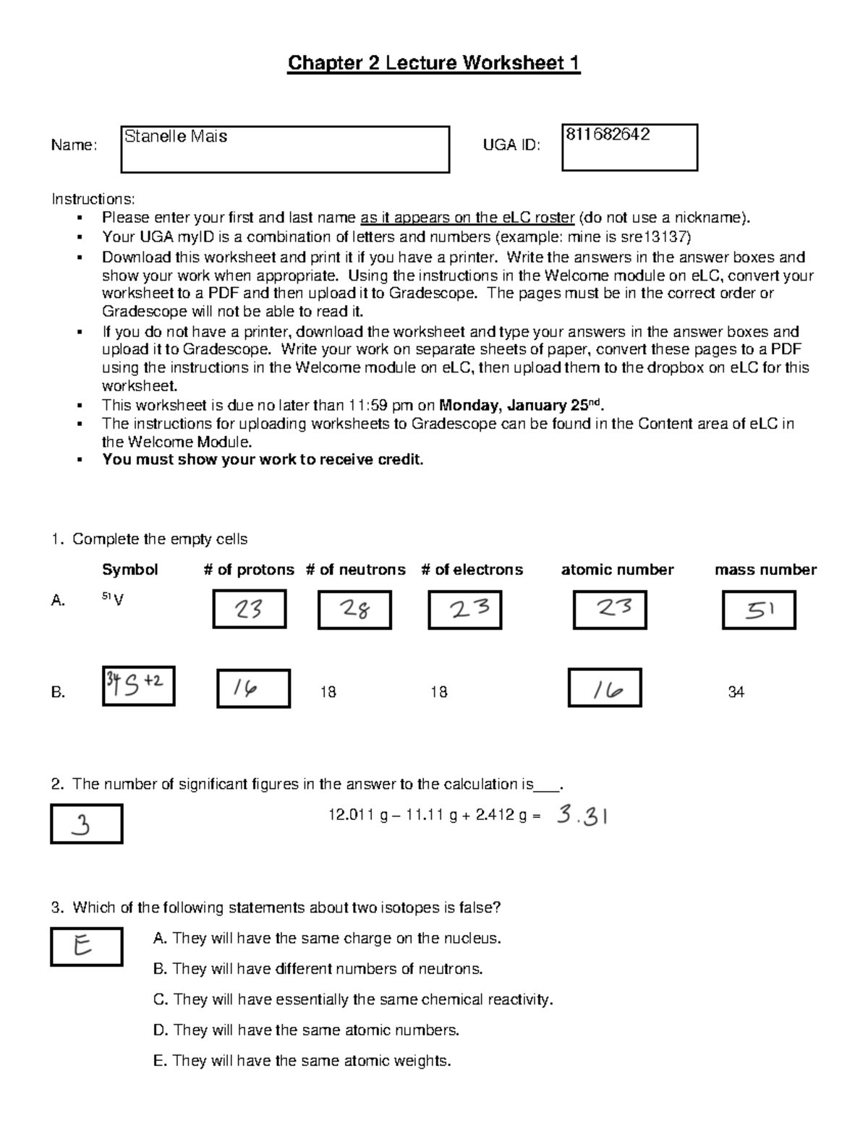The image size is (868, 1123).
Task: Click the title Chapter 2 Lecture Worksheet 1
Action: click(x=434, y=64)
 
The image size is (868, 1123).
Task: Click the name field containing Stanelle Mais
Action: click(x=284, y=149)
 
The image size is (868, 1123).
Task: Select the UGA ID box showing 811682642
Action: click(x=629, y=147)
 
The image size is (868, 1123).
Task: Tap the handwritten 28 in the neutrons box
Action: click(x=354, y=610)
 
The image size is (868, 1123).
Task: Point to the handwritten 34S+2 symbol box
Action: click(x=138, y=685)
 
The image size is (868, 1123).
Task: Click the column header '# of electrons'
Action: click(x=472, y=570)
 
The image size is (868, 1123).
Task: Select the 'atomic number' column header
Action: click(x=617, y=570)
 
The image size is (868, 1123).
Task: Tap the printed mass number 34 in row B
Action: click(x=736, y=693)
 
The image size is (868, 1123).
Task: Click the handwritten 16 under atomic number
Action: click(x=605, y=688)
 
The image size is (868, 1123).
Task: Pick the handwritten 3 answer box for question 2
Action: click(x=86, y=824)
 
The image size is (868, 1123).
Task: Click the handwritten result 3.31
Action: click(x=582, y=816)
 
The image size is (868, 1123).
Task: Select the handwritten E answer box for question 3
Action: click(x=86, y=946)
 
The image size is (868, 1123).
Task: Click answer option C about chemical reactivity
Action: click(x=353, y=1000)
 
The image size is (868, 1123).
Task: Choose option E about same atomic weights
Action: click(x=302, y=1061)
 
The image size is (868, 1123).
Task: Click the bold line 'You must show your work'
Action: click(x=263, y=460)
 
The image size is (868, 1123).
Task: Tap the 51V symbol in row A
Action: click(x=112, y=599)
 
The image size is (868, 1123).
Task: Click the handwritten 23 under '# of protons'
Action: click(x=249, y=609)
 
